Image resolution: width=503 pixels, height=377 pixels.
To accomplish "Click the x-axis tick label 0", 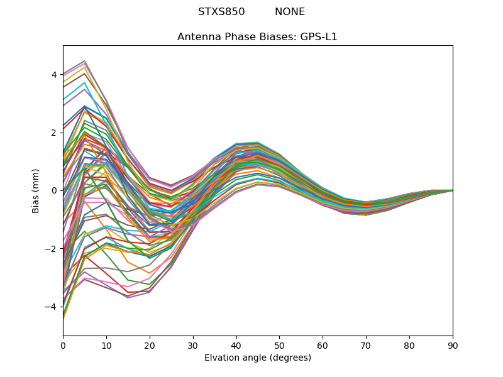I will pyautogui.click(x=63, y=345).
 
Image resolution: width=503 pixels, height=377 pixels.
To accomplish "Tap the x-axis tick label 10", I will pyautogui.click(x=106, y=345).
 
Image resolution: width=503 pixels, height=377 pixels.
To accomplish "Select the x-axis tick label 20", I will pyautogui.click(x=150, y=345).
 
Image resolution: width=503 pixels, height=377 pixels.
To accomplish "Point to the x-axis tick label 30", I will pyautogui.click(x=193, y=345).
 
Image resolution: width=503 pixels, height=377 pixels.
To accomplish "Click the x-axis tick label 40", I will pyautogui.click(x=236, y=345).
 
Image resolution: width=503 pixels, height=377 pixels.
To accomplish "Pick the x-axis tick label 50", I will pyautogui.click(x=279, y=345).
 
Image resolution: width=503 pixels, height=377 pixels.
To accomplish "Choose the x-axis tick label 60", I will pyautogui.click(x=323, y=345).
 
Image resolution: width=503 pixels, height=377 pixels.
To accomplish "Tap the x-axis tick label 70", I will pyautogui.click(x=366, y=345).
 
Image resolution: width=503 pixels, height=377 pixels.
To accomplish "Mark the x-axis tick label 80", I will pyautogui.click(x=409, y=345).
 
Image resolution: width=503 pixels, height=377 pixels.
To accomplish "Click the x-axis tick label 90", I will pyautogui.click(x=453, y=345).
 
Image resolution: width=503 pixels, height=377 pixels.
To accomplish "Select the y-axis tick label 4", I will pyautogui.click(x=54, y=75).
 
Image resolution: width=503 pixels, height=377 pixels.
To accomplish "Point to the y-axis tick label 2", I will pyautogui.click(x=54, y=133).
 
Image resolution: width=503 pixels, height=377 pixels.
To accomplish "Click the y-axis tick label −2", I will pyautogui.click(x=52, y=249).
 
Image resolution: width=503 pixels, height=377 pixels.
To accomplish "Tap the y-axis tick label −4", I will pyautogui.click(x=52, y=307).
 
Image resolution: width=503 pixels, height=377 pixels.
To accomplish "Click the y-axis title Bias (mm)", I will pyautogui.click(x=36, y=190).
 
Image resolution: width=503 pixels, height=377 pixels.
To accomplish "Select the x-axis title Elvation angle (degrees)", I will pyautogui.click(x=258, y=358).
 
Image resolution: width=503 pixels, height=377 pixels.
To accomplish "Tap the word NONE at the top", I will pyautogui.click(x=290, y=12).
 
